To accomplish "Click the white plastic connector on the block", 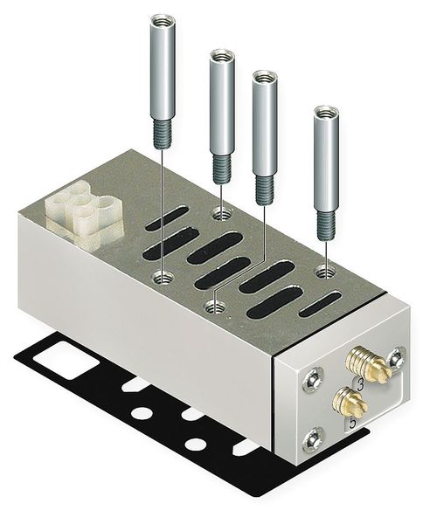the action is coord(83,214).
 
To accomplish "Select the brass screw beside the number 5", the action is coord(350,402).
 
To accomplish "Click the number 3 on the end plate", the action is coord(360,386).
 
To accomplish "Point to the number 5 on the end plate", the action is coord(352,423).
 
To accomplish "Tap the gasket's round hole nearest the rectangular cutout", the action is coord(142,413).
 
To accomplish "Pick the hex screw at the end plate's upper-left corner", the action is coord(313,379).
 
